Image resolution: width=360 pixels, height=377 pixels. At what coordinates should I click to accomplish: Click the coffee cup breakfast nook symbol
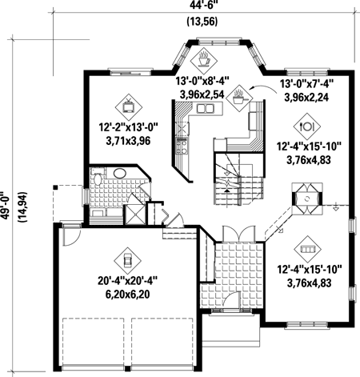click(203, 60)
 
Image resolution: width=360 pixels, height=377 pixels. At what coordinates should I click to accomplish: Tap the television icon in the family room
click(129, 107)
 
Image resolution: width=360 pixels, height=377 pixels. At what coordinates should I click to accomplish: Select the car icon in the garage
click(127, 260)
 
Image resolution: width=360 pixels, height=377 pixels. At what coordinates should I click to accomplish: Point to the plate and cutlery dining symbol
click(307, 126)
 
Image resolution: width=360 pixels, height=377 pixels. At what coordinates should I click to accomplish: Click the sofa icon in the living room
click(307, 249)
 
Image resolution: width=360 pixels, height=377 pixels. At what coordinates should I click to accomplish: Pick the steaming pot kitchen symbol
click(239, 98)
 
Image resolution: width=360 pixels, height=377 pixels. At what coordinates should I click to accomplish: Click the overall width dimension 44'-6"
click(202, 6)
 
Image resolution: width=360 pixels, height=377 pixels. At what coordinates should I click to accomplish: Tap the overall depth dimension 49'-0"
click(5, 206)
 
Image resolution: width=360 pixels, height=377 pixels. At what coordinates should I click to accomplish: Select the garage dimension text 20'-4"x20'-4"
click(127, 281)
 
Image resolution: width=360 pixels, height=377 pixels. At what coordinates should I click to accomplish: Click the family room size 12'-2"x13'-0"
click(129, 126)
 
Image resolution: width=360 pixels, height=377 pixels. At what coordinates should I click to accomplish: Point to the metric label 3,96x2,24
click(306, 98)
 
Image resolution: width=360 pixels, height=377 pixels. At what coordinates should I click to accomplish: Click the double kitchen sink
click(205, 109)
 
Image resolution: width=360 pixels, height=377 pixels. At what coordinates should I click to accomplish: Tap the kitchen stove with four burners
click(182, 146)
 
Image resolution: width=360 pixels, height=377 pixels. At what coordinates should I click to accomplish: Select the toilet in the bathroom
click(98, 178)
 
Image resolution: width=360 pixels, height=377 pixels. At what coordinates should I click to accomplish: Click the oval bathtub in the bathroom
click(120, 174)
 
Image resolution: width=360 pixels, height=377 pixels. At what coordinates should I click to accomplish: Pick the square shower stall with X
click(135, 215)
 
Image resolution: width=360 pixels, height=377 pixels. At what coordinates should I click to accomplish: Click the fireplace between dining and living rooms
click(307, 199)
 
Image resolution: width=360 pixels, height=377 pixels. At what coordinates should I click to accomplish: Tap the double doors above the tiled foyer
click(239, 234)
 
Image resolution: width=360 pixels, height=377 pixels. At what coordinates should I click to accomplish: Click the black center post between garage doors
click(128, 369)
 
